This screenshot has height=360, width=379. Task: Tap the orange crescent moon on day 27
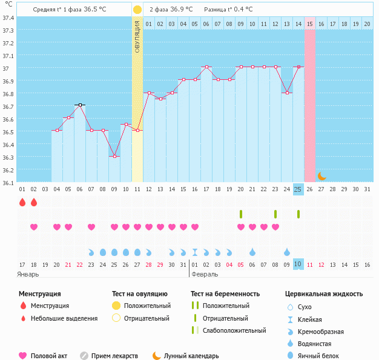(321, 175)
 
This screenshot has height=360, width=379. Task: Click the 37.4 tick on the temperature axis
(8, 18)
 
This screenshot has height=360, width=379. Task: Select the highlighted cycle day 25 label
(298, 189)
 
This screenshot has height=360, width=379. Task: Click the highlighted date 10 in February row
(298, 264)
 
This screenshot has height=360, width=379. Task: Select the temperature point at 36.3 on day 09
(114, 156)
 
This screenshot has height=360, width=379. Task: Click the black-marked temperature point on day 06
(80, 105)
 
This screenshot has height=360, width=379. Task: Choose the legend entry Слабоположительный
(234, 330)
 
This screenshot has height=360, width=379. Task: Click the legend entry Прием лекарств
(114, 356)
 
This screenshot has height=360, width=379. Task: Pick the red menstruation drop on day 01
(22, 202)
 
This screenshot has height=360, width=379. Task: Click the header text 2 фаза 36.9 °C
(171, 9)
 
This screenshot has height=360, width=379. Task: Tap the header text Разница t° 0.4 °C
(228, 9)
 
